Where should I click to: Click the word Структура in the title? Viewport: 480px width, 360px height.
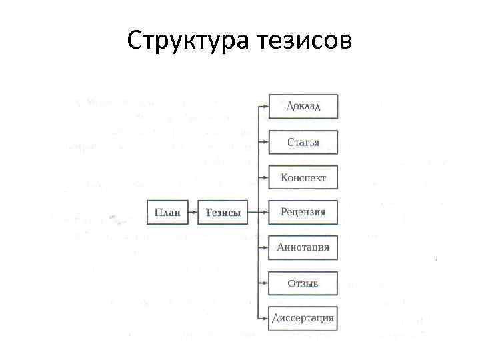tap(187, 41)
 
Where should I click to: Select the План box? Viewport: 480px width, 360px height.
tap(167, 212)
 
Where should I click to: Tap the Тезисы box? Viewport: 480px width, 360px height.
tap(222, 212)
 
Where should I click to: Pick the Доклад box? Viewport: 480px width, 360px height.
tap(303, 107)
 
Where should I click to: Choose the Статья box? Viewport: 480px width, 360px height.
tap(303, 142)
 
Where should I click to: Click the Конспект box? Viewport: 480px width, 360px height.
tap(303, 177)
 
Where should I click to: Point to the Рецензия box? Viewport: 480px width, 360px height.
tap(303, 212)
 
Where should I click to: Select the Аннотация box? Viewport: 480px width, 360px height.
tap(303, 247)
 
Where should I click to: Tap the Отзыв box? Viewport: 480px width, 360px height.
tap(303, 283)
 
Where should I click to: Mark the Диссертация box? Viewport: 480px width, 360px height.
tap(303, 317)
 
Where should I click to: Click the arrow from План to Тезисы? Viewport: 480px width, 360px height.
tap(192, 212)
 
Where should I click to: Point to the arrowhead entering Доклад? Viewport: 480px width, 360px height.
tap(265, 105)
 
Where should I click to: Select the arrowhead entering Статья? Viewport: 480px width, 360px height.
tap(265, 141)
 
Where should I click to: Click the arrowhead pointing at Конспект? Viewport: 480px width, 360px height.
tap(265, 177)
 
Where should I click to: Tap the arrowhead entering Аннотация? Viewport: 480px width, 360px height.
tap(265, 247)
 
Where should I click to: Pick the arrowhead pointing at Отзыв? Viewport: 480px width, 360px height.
tap(265, 283)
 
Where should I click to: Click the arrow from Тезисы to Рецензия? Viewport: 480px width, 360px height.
tap(257, 212)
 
